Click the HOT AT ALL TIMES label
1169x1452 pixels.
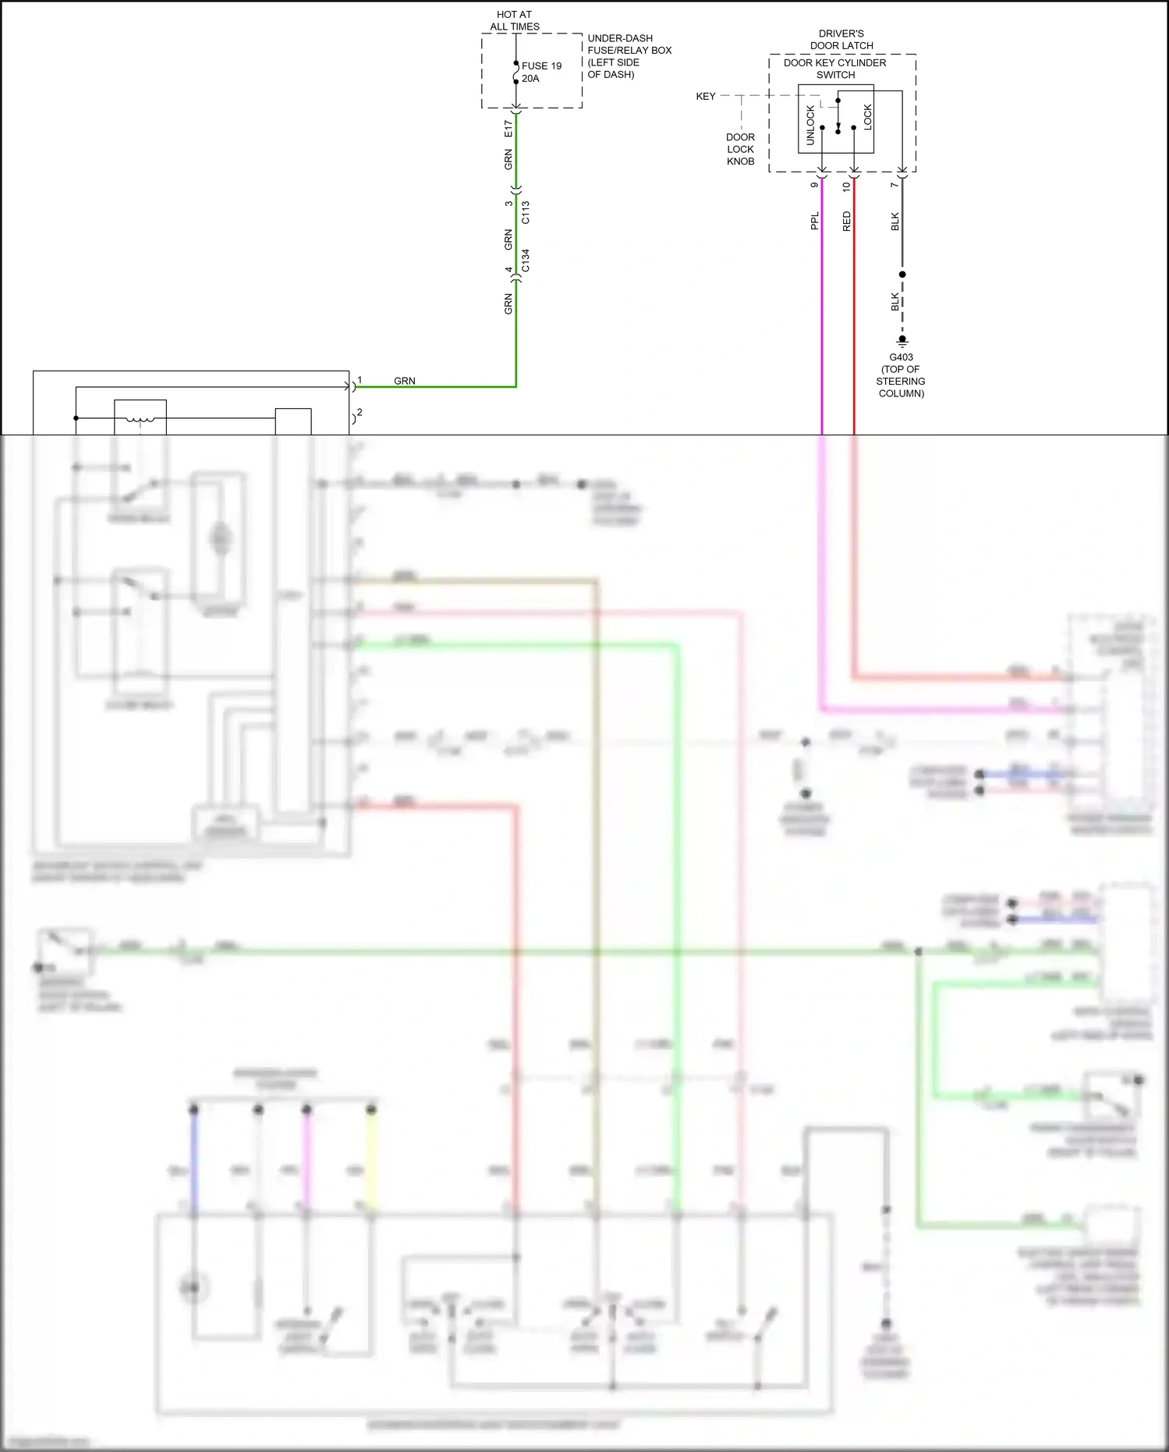click(514, 20)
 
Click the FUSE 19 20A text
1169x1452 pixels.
click(541, 72)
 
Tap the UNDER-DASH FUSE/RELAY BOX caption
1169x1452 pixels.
click(629, 56)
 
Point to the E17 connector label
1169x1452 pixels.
click(508, 129)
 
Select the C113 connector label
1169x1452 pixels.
click(526, 212)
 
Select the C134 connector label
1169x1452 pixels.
click(526, 261)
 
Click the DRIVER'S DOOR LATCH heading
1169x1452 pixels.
click(841, 40)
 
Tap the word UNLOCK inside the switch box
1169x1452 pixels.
click(810, 125)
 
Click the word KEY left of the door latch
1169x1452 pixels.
click(705, 96)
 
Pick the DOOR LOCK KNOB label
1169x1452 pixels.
click(740, 149)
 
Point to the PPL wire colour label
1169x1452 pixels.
click(815, 221)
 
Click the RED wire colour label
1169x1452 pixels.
click(847, 221)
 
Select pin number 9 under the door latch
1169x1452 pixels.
click(815, 185)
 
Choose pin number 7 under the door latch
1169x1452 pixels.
click(894, 185)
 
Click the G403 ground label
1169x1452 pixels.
click(901, 357)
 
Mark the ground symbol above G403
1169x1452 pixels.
click(902, 341)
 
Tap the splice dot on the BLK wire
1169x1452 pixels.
click(902, 275)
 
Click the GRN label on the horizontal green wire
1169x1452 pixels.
click(404, 381)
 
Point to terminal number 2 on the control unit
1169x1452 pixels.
click(360, 412)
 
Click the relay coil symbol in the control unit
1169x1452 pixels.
click(140, 420)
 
